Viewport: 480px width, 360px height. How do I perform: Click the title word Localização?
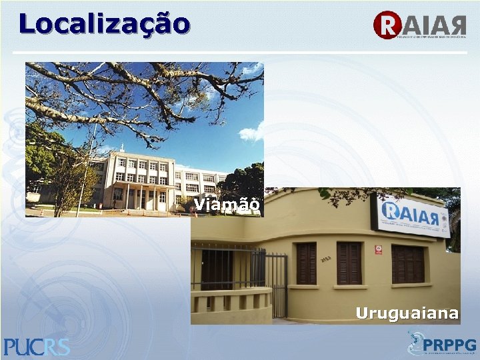coord(104,24)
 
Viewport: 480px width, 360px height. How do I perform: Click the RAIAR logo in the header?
coord(420,25)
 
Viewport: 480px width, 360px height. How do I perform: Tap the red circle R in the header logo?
coord(386,25)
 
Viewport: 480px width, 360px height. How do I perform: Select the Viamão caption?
coord(227,205)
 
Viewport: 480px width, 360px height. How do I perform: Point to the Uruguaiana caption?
coord(407,313)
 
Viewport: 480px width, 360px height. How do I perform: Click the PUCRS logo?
coord(37,347)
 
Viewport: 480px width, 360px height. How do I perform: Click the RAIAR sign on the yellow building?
coord(411,215)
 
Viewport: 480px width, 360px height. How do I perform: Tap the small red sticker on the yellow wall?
coord(377,251)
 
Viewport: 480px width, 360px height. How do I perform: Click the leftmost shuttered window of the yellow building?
coord(306,263)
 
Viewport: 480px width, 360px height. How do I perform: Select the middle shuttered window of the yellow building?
coord(349,263)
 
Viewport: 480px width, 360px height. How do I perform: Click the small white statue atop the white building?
coord(122,148)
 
